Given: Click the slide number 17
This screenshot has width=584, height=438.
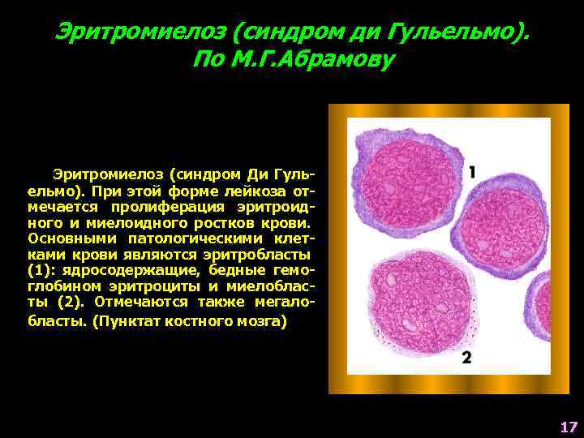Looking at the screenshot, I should click(568, 427).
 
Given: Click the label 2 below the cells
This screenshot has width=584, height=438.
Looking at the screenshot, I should click(466, 358).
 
